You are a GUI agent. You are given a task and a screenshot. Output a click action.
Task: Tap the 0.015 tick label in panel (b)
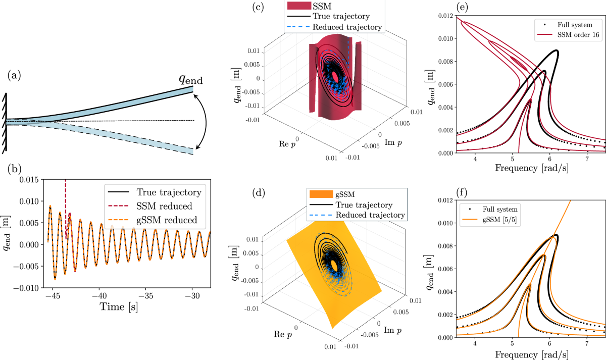[x=27, y=180]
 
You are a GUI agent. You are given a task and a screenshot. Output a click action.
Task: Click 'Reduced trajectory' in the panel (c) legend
[x=347, y=27]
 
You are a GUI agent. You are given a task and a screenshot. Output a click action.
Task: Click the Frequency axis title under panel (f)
[x=531, y=354]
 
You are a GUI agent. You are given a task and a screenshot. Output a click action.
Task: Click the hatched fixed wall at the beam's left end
[x=5, y=122]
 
